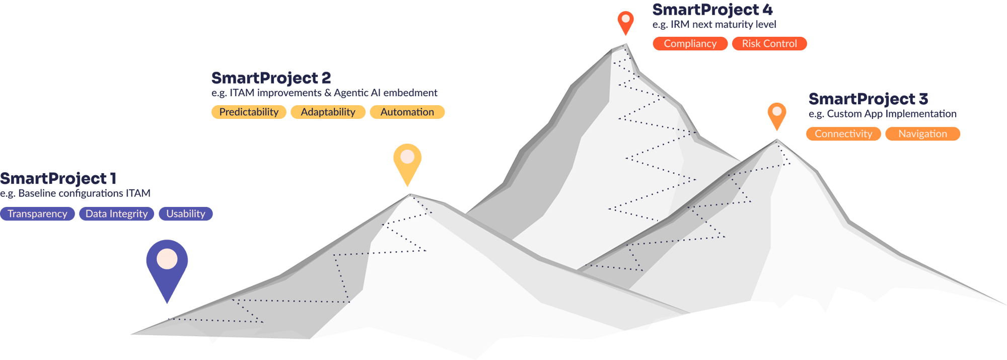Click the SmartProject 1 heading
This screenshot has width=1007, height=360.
pos(58,178)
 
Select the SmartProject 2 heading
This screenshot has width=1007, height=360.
pos(271,78)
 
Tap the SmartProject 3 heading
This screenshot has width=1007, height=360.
pos(868,99)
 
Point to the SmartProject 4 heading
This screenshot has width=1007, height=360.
pos(712,10)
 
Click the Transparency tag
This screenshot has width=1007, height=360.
pos(37,214)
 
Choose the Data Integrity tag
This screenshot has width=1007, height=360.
pos(116,214)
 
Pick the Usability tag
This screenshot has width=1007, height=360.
pos(186,214)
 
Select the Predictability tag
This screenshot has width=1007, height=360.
pos(249,112)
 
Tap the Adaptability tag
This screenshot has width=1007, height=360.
pos(328,112)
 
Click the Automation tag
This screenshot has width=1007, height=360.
pos(407,112)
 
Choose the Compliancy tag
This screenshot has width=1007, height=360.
pos(690,44)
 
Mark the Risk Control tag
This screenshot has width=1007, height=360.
pos(769,44)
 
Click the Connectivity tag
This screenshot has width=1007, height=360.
pos(843,134)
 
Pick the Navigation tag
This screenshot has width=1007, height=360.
pos(922,134)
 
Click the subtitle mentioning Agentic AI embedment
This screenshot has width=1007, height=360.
pos(324,93)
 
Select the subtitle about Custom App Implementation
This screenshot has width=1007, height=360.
pos(883,114)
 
